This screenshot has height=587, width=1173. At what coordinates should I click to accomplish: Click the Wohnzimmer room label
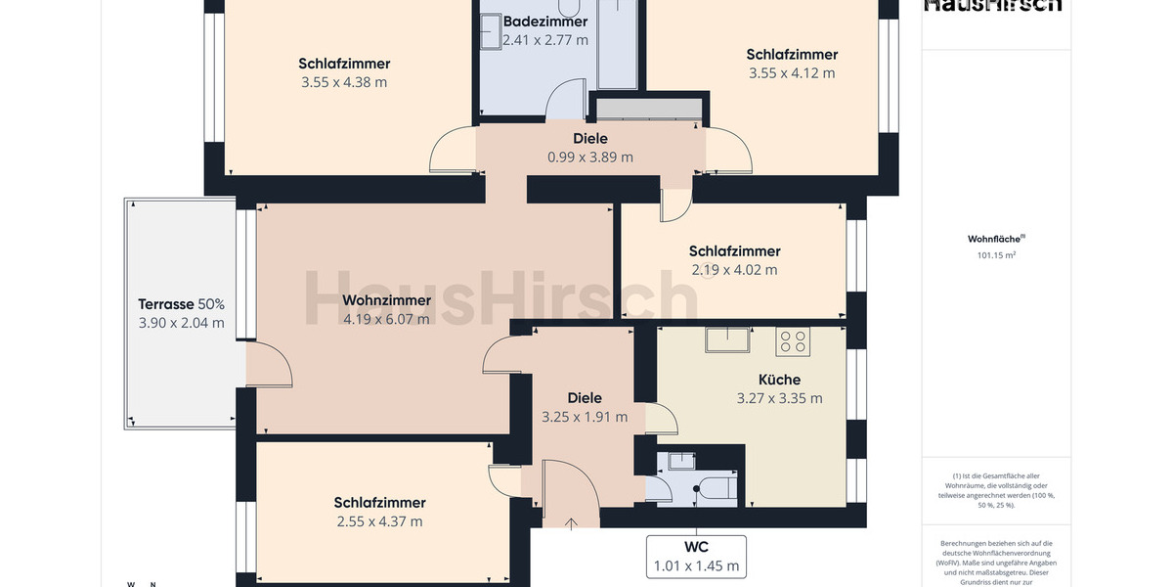tap(387, 300)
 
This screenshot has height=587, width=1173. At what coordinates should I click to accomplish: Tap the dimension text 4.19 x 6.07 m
tap(387, 319)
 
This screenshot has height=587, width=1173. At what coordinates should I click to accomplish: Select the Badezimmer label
tap(545, 22)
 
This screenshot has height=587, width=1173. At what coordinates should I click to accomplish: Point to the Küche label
tap(779, 380)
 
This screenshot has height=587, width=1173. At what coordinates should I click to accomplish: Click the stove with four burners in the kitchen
tap(793, 341)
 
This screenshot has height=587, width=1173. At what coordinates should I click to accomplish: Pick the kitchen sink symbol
tap(728, 339)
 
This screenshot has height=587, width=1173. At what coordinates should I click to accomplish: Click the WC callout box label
tap(696, 547)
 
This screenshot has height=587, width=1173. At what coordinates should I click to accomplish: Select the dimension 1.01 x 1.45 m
tap(696, 565)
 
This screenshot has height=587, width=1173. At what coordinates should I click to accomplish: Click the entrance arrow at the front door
tap(571, 522)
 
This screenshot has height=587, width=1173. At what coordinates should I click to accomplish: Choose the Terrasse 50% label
tap(181, 304)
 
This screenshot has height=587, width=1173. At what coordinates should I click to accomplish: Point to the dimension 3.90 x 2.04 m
tap(182, 323)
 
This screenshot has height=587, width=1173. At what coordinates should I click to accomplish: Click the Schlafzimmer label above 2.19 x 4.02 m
tap(734, 251)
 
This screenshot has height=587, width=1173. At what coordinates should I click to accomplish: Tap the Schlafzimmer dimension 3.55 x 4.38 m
tap(344, 82)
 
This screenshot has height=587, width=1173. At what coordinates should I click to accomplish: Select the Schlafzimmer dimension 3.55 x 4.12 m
tap(792, 73)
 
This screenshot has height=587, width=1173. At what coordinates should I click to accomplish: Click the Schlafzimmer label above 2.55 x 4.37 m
tap(379, 503)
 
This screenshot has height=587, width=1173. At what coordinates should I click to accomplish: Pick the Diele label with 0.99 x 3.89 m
tap(590, 139)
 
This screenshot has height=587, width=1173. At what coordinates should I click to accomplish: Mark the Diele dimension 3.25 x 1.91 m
tap(585, 417)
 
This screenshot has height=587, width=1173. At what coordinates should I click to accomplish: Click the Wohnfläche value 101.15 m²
tap(996, 255)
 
